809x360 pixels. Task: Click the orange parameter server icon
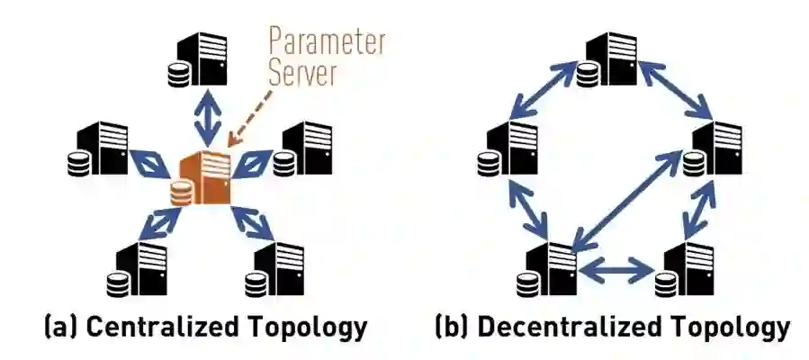coord(205,175)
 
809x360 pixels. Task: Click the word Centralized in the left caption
coord(154,327)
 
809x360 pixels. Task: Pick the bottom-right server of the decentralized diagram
coord(689,266)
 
